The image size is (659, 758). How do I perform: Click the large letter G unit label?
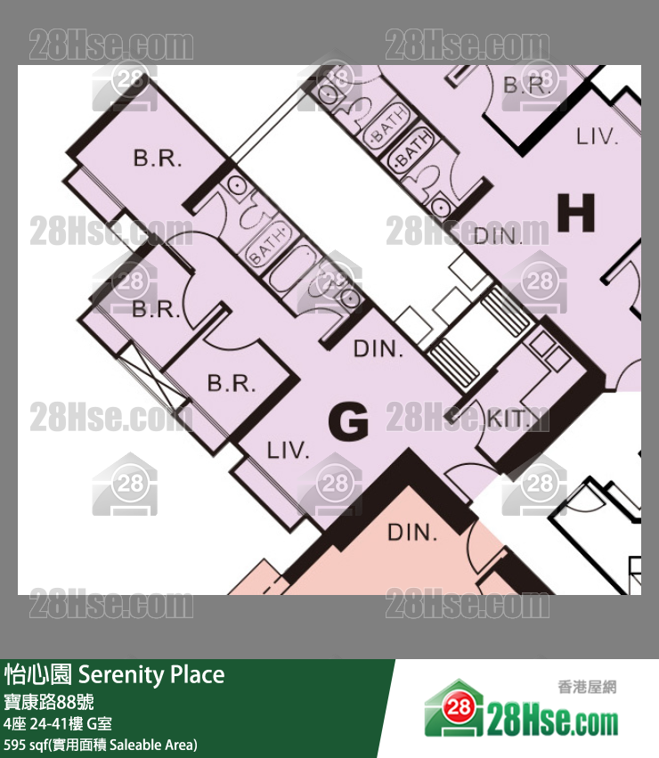pos(348,421)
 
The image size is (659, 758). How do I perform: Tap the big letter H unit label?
pos(575,214)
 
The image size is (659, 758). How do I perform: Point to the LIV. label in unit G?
pos(289,451)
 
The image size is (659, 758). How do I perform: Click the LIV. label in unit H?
pos(597,136)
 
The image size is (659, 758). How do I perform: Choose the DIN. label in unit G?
pos(378,349)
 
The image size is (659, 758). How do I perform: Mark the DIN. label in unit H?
pos(497,236)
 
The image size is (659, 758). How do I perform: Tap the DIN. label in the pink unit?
pos(412,534)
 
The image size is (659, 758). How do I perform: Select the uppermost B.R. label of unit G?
pos(158,159)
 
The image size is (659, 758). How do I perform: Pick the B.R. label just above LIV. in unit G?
pos(232,385)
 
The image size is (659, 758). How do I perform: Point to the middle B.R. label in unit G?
pos(157,310)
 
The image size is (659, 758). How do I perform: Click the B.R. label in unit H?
pos(525,86)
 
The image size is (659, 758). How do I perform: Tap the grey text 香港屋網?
pos(587,687)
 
